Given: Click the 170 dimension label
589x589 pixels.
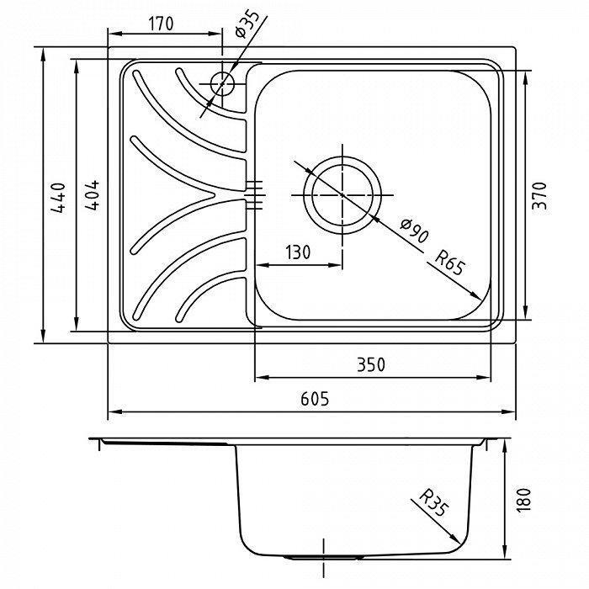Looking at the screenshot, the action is (162, 24).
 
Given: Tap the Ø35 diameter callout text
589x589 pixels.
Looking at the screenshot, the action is (247, 24).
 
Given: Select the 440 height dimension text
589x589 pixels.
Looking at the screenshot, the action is (58, 198).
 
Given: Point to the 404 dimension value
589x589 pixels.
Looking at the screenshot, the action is (92, 194).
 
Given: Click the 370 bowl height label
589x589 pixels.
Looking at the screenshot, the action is (540, 196).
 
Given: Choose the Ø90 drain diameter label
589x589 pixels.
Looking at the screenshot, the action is (414, 231).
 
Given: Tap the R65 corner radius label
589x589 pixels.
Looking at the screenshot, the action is (449, 263).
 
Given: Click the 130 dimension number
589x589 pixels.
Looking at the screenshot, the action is (298, 252).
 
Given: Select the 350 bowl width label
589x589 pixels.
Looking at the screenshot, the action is (371, 364).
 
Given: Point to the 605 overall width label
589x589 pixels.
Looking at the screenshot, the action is (315, 399).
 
